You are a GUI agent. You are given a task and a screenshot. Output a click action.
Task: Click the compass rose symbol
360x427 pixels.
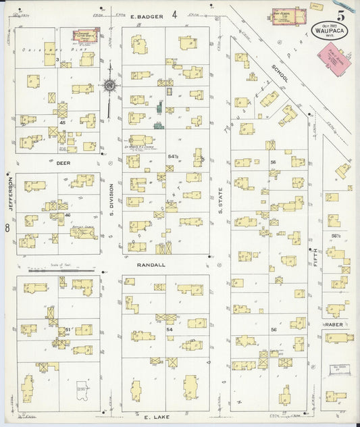point(109,85)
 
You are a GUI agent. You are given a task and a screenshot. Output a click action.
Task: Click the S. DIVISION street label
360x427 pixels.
point(112,201)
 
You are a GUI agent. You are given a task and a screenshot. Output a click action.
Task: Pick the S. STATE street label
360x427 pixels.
point(220,201)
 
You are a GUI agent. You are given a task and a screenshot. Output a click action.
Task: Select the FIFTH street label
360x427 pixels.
point(315,257)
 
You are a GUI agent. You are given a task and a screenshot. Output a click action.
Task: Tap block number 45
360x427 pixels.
point(62,122)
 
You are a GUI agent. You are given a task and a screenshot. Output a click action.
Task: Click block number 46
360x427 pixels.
point(68,214)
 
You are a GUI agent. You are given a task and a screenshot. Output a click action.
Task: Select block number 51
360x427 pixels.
point(68,330)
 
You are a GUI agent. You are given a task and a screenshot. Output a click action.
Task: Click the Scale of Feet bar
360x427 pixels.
point(82,270)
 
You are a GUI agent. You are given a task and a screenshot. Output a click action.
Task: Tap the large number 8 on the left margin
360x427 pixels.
point(7,229)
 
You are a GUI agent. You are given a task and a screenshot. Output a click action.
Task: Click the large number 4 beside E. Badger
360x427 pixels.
point(174,14)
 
